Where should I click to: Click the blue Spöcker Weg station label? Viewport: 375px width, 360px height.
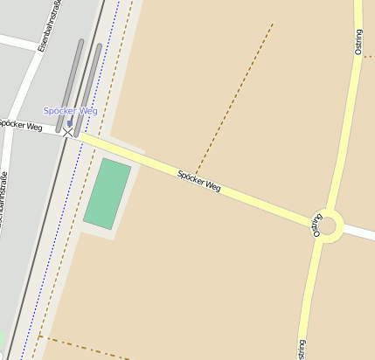pos(70,111)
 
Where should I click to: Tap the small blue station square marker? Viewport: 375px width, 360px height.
pos(70,123)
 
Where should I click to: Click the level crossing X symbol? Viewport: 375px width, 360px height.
pos(68,133)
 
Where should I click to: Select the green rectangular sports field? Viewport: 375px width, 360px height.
pos(107,194)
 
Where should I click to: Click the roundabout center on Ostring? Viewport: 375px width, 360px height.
pos(327,226)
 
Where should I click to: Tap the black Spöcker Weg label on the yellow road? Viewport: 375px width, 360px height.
pos(198,181)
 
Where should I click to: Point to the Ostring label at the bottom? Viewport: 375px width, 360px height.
pos(302,349)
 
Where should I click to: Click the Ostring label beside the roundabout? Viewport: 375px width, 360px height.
pos(316,225)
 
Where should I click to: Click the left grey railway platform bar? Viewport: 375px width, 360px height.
pos(69,85)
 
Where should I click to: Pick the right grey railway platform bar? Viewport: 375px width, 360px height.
pos(87,89)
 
